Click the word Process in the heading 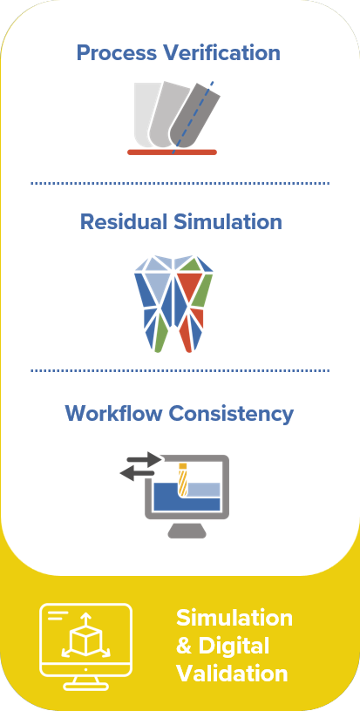tap(117, 52)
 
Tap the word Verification tap(221, 52)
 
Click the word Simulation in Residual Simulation tap(228, 222)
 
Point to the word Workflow tap(114, 414)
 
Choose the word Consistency tap(231, 415)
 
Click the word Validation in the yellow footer tap(232, 674)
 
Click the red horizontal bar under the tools tap(173, 152)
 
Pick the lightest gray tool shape tap(146, 113)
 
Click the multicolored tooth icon tap(173, 304)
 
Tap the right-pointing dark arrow tap(144, 459)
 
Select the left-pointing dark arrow tap(137, 473)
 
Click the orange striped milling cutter tap(183, 480)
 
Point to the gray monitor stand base tap(187, 531)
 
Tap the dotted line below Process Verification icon tap(180, 183)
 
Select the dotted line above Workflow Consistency tap(180, 370)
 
